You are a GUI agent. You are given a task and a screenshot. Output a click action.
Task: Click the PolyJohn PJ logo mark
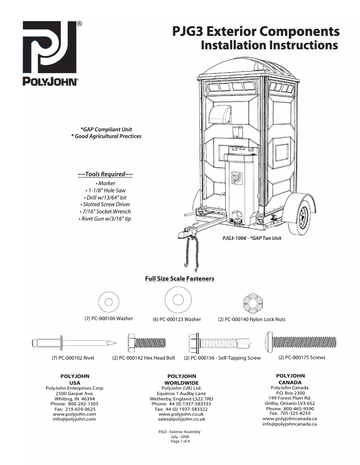click(x=51, y=50)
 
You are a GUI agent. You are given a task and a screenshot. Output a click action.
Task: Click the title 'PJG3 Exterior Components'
click(x=256, y=32)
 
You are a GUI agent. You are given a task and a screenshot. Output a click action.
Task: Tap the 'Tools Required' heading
click(x=105, y=174)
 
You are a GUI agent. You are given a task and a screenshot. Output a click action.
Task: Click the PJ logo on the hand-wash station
click(x=237, y=178)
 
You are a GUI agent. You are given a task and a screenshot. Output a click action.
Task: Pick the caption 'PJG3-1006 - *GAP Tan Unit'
click(x=252, y=238)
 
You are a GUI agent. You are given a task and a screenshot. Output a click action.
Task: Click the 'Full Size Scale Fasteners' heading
click(x=180, y=279)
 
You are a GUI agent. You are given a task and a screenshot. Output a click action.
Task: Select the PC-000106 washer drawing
click(x=109, y=301)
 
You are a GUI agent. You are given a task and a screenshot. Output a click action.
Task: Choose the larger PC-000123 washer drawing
click(x=176, y=299)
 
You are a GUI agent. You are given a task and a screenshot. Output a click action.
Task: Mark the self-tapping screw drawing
click(x=218, y=343)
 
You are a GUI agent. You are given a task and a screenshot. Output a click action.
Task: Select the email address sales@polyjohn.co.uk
click(x=181, y=419)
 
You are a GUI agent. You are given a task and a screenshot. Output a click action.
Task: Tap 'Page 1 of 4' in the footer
click(x=180, y=442)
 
